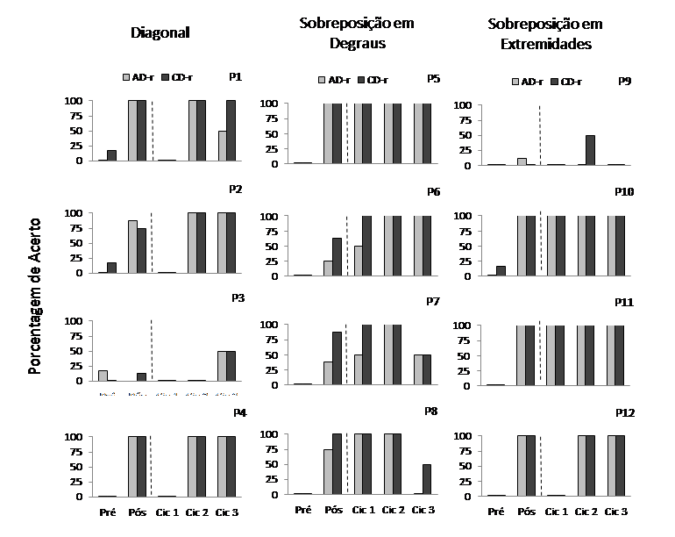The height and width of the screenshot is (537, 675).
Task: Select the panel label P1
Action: [x=236, y=77]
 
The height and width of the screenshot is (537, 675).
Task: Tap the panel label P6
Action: [x=433, y=192]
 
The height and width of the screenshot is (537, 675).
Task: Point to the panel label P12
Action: [x=625, y=412]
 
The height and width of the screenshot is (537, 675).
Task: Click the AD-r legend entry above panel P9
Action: [x=527, y=82]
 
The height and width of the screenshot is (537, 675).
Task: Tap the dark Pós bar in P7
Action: [x=337, y=358]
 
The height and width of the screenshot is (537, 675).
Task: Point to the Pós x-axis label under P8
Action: [x=332, y=509]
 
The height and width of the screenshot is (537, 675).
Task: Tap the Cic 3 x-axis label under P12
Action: [x=616, y=511]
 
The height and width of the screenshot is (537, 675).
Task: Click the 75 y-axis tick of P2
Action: [x=77, y=228]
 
